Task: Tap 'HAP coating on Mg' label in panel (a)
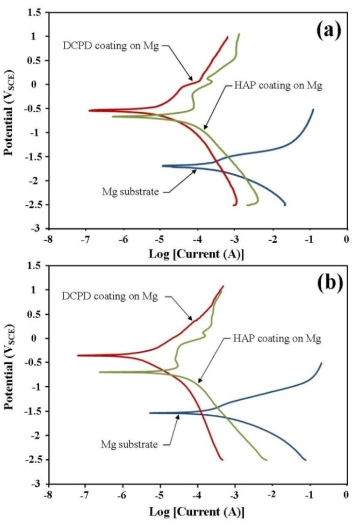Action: point(278,85)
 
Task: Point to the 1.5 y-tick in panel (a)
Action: point(36,12)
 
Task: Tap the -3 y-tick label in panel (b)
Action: point(38,484)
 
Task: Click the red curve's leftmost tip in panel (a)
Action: point(89,111)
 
